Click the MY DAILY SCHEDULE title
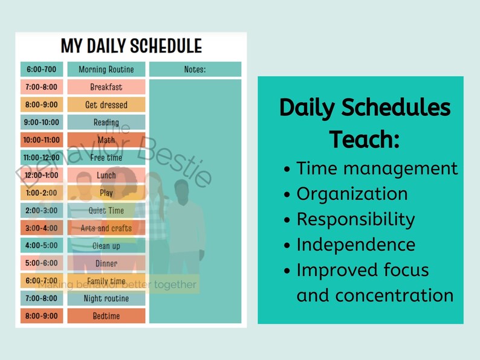click(x=131, y=46)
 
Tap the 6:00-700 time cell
click(x=41, y=69)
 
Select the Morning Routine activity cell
click(x=106, y=69)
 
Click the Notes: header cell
click(x=195, y=69)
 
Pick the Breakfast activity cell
click(x=106, y=87)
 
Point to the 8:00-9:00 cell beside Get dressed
click(x=41, y=104)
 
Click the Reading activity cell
click(x=106, y=122)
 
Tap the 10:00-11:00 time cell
click(x=41, y=140)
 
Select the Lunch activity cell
click(x=106, y=175)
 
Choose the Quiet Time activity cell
click(x=106, y=211)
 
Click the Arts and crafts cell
click(x=106, y=228)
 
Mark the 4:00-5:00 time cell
click(x=41, y=246)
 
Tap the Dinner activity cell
click(x=106, y=263)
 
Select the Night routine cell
click(x=106, y=298)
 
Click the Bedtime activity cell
click(x=106, y=316)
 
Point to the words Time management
click(x=377, y=168)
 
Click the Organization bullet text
click(x=352, y=194)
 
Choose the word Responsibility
click(x=355, y=219)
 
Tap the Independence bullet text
click(x=355, y=245)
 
